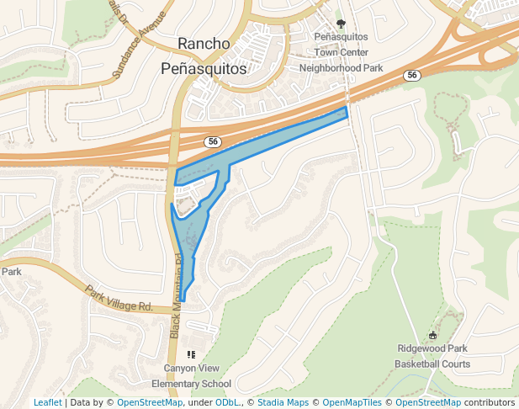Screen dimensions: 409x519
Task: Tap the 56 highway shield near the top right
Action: (411, 76)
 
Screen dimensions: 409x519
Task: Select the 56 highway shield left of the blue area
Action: (214, 142)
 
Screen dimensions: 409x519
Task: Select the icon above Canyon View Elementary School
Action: (191, 354)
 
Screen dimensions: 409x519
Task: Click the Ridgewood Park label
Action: (432, 348)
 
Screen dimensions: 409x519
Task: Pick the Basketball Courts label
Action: (432, 364)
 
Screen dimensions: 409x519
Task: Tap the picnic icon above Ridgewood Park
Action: (432, 335)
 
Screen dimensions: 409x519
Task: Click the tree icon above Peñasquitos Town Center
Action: (341, 24)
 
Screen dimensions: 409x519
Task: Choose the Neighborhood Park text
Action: (341, 67)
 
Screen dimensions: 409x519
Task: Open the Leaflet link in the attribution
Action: (47, 402)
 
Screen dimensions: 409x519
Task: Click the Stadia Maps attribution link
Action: (283, 402)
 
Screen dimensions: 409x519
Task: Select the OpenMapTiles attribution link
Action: (353, 402)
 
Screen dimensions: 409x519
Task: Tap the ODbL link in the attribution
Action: (227, 402)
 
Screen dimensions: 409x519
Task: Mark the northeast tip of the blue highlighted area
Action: (346, 109)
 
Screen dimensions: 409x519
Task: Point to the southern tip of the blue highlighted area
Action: (183, 300)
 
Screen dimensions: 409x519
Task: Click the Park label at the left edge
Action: (11, 272)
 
